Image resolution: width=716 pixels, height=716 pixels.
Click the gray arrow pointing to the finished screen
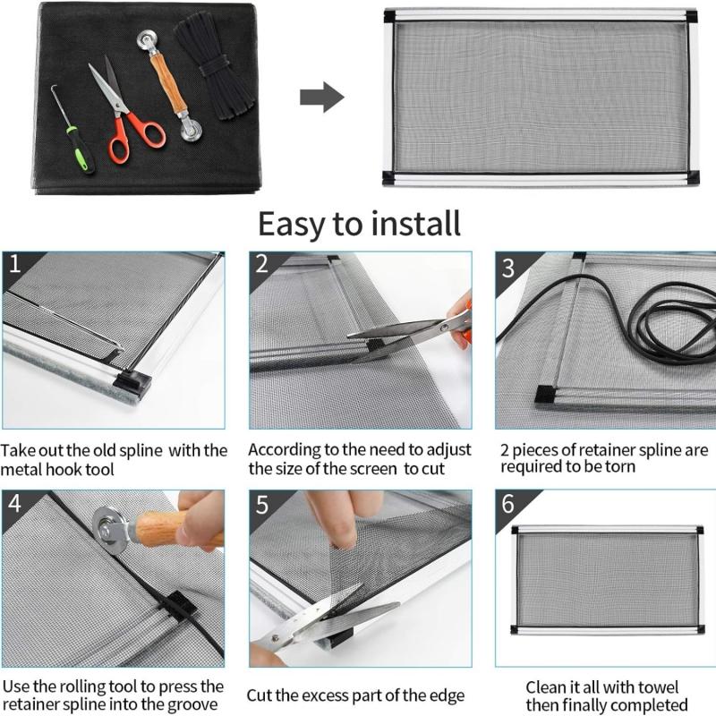click(x=322, y=97)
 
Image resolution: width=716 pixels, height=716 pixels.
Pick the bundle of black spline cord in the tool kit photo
click(x=215, y=65)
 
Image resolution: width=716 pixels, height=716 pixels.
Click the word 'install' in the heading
click(x=415, y=225)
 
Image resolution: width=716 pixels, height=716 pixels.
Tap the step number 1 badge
click(x=15, y=264)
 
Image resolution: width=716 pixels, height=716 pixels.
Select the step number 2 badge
click(x=261, y=264)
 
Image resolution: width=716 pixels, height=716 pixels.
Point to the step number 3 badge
click(x=508, y=268)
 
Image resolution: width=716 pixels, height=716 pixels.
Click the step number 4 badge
click(x=14, y=504)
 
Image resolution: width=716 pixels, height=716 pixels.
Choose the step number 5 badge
click(x=262, y=505)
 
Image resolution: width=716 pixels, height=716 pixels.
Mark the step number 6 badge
click(x=508, y=504)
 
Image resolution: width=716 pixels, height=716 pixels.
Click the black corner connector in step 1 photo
click(x=132, y=382)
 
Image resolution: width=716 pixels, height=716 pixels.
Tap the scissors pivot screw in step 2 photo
click(x=442, y=328)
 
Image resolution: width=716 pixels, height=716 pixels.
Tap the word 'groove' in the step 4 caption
click(x=193, y=704)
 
